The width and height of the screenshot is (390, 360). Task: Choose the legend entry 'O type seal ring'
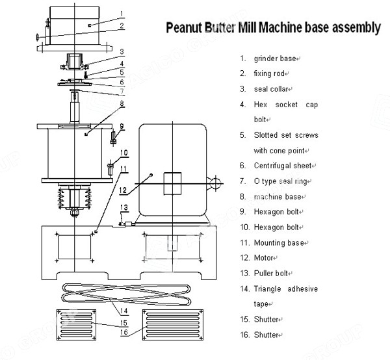click(287, 181)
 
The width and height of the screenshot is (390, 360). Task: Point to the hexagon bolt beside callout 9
click(114, 137)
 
